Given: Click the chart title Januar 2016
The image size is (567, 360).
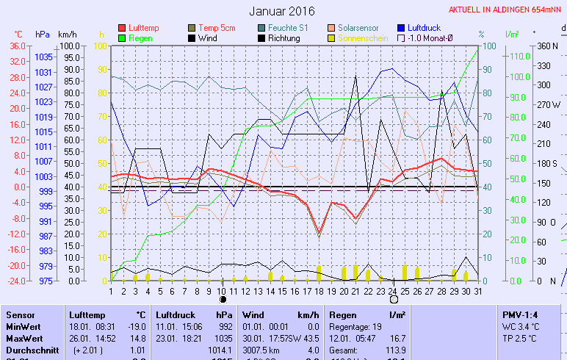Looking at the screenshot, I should coord(282,11).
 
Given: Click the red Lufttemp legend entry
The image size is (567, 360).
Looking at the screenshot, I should coord(144,28).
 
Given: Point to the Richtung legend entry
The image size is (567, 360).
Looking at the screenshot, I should coord(283,38).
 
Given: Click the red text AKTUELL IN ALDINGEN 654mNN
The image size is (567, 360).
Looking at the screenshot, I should coord(507,10).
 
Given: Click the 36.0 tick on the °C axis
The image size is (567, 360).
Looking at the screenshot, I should coord(16,46).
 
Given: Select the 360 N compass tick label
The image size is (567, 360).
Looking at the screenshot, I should coord(548,46).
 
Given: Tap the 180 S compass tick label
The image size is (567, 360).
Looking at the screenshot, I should coord(548,163).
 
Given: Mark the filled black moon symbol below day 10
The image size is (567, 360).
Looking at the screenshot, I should coord(223,299).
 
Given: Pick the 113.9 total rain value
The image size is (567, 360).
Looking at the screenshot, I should coord(397,350).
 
